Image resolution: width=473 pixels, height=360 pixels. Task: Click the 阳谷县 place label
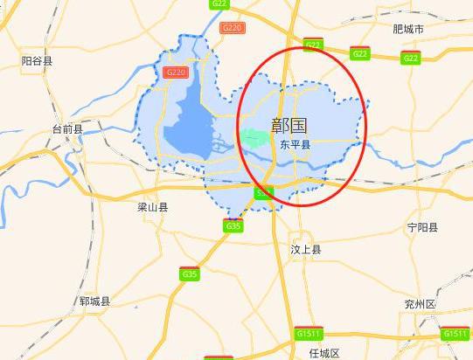point(37,60)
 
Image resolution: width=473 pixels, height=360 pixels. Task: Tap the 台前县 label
point(67,129)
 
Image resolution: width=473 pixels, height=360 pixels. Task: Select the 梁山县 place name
point(152,207)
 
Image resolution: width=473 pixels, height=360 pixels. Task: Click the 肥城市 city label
point(408,29)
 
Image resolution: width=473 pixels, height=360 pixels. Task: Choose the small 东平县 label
point(295,144)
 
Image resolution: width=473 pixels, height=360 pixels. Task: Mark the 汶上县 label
point(306,249)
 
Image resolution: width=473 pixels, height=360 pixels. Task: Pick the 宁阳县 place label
point(424,227)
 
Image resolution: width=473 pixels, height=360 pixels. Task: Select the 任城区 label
point(323,352)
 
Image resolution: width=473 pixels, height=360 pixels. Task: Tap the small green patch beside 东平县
point(255,137)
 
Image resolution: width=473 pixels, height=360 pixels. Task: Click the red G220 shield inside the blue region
point(176,72)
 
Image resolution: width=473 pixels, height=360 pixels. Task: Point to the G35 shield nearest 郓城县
point(189,273)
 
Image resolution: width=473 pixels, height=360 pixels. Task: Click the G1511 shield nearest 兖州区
point(455,334)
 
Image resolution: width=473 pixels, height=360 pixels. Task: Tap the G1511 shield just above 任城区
point(308,334)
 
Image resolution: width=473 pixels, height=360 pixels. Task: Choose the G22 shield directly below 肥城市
point(411,58)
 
